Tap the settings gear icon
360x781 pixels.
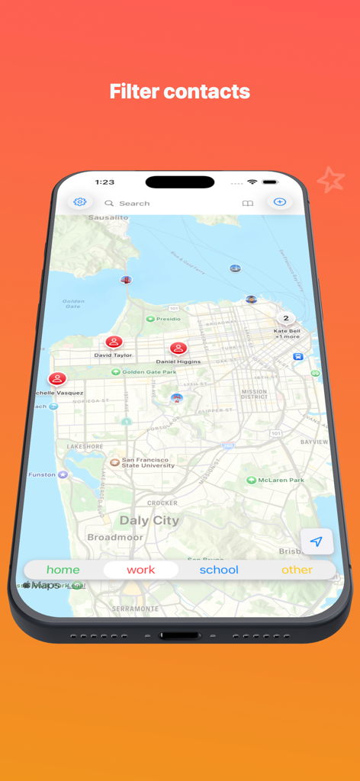tap(80, 202)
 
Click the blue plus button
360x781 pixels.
tap(280, 202)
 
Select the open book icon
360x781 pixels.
tap(248, 204)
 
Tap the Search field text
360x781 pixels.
tap(134, 204)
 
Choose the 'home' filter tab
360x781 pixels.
tap(63, 570)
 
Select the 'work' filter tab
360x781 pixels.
tap(141, 570)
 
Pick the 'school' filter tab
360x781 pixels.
tap(219, 570)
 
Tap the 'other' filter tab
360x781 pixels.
tap(297, 570)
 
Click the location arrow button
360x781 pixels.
tap(316, 542)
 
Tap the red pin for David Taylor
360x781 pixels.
tap(114, 342)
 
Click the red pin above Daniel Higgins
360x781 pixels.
tap(178, 349)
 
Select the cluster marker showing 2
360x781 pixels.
tap(286, 319)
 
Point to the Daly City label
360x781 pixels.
tap(149, 521)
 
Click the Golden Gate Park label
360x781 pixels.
tap(149, 372)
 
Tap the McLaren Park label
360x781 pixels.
tap(281, 480)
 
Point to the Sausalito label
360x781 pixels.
tap(108, 217)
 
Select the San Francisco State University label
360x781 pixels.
tap(148, 463)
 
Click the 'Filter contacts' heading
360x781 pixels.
tap(180, 92)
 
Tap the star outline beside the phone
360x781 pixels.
tap(331, 180)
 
